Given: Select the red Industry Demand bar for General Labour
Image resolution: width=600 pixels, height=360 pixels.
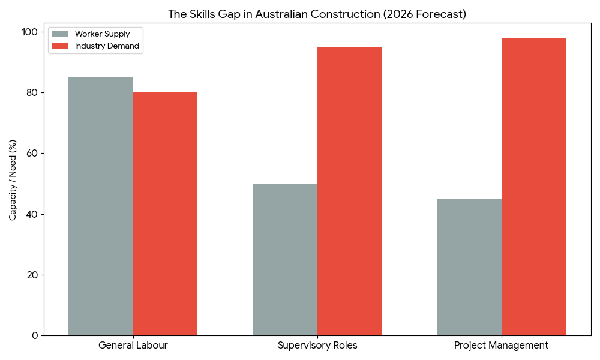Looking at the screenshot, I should [x=165, y=214].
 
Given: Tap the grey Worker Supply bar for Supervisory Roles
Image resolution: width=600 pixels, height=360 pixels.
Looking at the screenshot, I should [x=285, y=259].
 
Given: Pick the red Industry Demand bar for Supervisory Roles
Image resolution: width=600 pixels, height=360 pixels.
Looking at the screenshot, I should [x=349, y=191].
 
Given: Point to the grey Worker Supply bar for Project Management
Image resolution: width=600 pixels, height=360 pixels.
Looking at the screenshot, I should [x=469, y=267].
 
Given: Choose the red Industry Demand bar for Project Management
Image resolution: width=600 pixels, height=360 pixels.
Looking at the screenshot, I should [x=533, y=186].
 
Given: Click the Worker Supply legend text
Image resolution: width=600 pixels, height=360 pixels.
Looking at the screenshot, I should [x=102, y=34].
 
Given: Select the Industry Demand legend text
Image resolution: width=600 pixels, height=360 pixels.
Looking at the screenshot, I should [x=107, y=46].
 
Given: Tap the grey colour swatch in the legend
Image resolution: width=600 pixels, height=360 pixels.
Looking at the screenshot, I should [x=60, y=34].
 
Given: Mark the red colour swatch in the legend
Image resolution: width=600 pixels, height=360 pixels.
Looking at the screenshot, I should [x=60, y=46].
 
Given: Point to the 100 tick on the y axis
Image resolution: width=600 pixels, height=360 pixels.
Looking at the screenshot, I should [x=30, y=32].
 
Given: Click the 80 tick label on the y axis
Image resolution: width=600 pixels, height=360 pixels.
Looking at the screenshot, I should [x=32, y=93].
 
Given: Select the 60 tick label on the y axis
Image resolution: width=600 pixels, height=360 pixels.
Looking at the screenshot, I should [x=32, y=154].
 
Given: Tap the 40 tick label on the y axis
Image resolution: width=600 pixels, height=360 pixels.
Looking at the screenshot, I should [x=32, y=214].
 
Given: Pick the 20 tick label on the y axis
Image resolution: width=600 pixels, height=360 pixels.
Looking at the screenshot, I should [x=32, y=275].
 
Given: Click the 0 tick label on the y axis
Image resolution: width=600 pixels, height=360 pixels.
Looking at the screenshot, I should [x=35, y=335].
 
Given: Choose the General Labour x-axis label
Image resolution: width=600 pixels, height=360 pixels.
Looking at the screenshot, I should [x=133, y=346].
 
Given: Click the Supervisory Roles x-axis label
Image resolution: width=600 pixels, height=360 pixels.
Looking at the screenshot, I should [x=317, y=346].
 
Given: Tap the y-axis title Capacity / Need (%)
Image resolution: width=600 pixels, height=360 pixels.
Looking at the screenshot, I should [x=13, y=180].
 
